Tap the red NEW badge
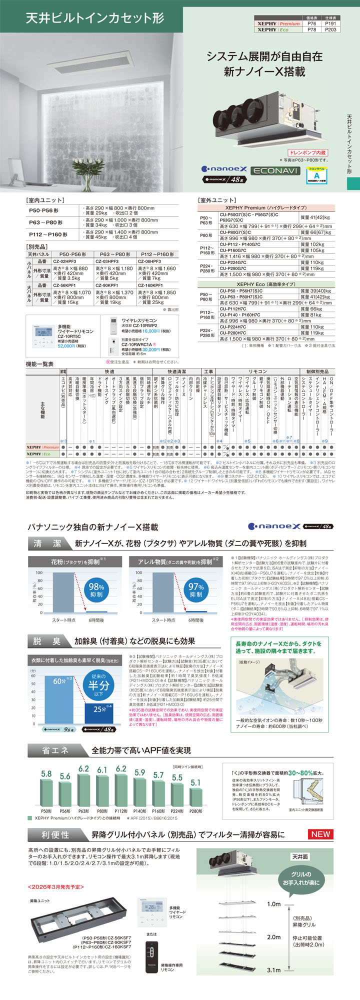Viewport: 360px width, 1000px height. point(320,834)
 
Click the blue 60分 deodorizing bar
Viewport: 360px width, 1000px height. point(58,699)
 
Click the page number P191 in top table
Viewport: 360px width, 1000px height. point(330,23)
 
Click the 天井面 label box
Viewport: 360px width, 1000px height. point(300,856)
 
